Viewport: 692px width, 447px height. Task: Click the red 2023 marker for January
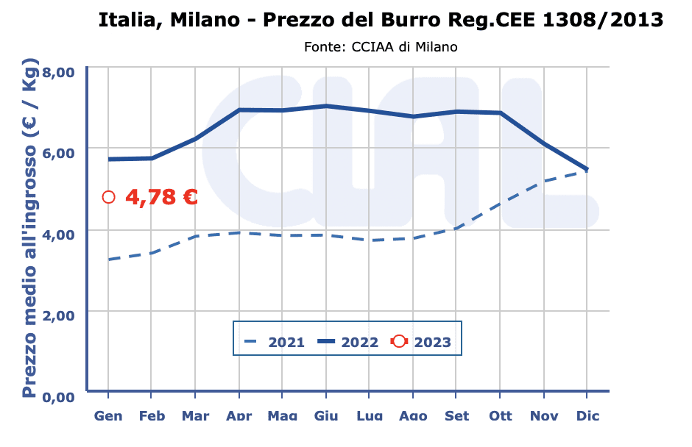[109, 197]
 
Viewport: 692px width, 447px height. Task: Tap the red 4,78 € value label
[161, 197]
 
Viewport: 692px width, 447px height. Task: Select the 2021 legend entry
[274, 342]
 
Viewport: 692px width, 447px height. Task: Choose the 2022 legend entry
[347, 342]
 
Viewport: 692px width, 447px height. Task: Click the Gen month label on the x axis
[108, 416]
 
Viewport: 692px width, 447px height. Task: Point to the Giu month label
[326, 416]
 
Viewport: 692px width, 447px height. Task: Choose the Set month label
[456, 416]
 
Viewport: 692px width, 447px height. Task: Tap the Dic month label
[587, 416]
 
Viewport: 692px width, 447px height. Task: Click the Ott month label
[501, 416]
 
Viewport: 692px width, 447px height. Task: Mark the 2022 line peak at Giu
[326, 106]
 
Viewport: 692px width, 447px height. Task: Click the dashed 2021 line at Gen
[109, 260]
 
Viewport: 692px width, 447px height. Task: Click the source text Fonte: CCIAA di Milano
[381, 47]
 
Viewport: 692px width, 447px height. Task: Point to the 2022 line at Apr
[239, 110]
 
